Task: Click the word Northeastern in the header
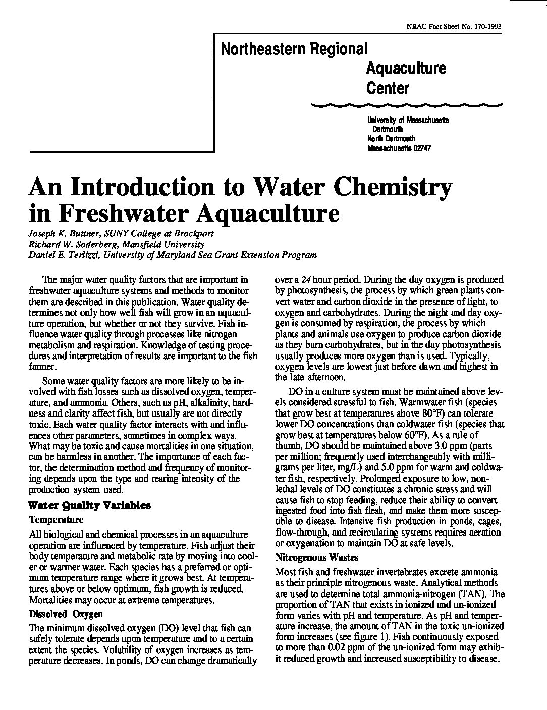pyautogui.click(x=258, y=49)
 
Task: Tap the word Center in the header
pyautogui.click(x=388, y=88)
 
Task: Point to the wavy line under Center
pyautogui.click(x=408, y=105)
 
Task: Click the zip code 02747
pyautogui.click(x=420, y=148)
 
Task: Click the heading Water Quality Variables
pyautogui.click(x=90, y=505)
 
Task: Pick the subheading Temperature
pyautogui.click(x=57, y=519)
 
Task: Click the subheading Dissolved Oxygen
pyautogui.click(x=66, y=614)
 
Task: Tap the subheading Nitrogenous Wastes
pyautogui.click(x=317, y=558)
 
